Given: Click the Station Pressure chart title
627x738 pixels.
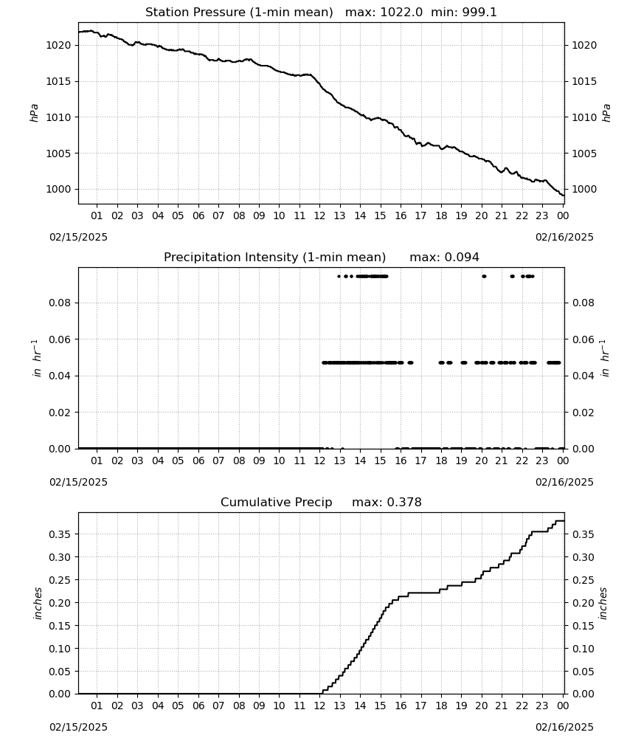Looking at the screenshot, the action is click(x=239, y=13).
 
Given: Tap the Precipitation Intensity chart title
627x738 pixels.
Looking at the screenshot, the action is click(x=274, y=258).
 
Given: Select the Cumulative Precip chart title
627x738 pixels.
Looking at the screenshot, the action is click(x=276, y=502).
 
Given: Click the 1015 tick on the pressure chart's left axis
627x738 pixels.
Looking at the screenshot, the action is click(x=58, y=81).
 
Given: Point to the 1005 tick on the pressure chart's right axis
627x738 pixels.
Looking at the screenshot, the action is click(x=584, y=154).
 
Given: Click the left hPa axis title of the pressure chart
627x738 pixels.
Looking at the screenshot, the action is click(x=35, y=113).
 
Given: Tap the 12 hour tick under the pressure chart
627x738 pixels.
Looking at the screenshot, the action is click(x=319, y=215).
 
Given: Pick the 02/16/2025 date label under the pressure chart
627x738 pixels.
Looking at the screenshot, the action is click(x=564, y=237).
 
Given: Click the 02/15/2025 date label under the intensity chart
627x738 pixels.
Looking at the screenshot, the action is click(x=78, y=482).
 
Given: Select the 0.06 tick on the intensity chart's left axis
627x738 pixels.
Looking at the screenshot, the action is click(x=60, y=339).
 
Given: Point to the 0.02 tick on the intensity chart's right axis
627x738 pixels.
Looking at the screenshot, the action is click(x=583, y=413).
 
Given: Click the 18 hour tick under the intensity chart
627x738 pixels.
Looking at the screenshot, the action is click(x=441, y=461).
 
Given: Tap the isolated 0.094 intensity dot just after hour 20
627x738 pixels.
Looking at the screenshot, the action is click(x=484, y=276).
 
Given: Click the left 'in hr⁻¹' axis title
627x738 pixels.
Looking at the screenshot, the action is click(x=37, y=358).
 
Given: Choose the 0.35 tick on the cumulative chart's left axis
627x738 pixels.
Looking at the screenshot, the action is click(x=60, y=534).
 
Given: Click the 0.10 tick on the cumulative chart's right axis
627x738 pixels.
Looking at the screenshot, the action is click(x=583, y=649).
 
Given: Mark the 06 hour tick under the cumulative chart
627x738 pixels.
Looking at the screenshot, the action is click(x=198, y=706).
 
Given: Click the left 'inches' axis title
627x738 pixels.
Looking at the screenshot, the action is click(x=38, y=604).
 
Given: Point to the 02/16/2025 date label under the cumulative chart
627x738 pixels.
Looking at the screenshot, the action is click(x=564, y=727).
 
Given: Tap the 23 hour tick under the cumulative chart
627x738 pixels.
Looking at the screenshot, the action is click(x=542, y=706).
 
